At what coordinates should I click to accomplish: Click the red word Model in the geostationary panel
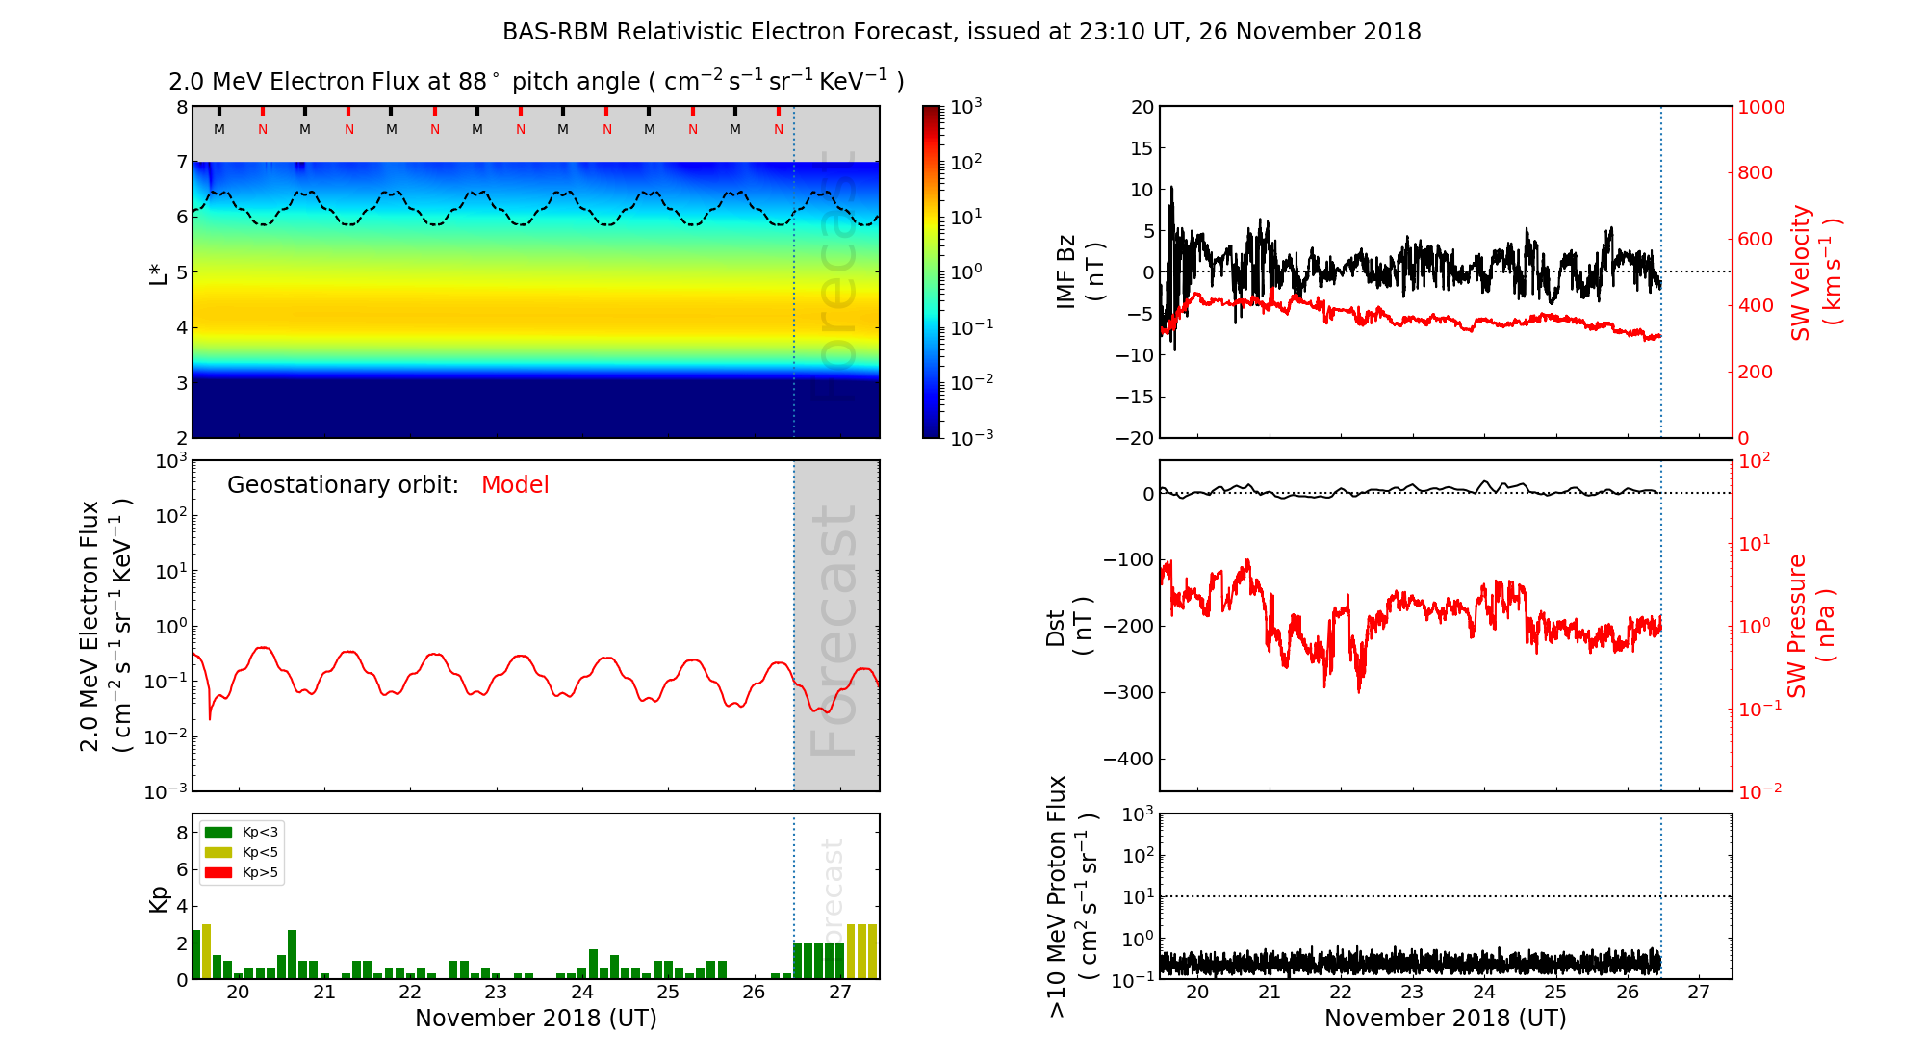(x=515, y=485)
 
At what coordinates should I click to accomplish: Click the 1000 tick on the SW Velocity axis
(x=1760, y=107)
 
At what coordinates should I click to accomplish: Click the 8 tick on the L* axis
(x=181, y=107)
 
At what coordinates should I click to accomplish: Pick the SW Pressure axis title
(x=1810, y=626)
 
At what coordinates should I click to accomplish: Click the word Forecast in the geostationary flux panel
(x=834, y=631)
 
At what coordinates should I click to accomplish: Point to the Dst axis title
(x=1069, y=626)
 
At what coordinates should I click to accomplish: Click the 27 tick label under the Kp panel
(x=839, y=993)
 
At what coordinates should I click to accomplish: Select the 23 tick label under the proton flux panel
(x=1412, y=993)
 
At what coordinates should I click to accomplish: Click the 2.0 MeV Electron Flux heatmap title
(x=536, y=82)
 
